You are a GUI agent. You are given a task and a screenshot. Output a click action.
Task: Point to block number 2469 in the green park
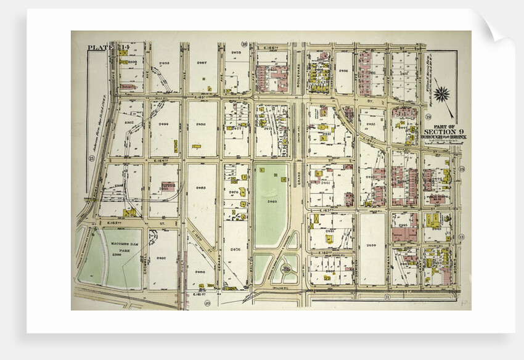click(x=272, y=201)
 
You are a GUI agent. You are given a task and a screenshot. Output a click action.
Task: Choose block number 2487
click(x=202, y=63)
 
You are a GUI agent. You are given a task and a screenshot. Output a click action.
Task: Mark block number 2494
click(x=164, y=124)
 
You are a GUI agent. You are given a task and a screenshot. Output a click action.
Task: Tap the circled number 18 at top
click(x=244, y=44)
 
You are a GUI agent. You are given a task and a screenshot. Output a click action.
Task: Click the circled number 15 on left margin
click(x=91, y=159)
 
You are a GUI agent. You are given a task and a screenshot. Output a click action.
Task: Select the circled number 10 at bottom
click(x=208, y=302)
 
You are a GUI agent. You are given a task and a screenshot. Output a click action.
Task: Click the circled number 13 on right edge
click(x=461, y=237)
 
